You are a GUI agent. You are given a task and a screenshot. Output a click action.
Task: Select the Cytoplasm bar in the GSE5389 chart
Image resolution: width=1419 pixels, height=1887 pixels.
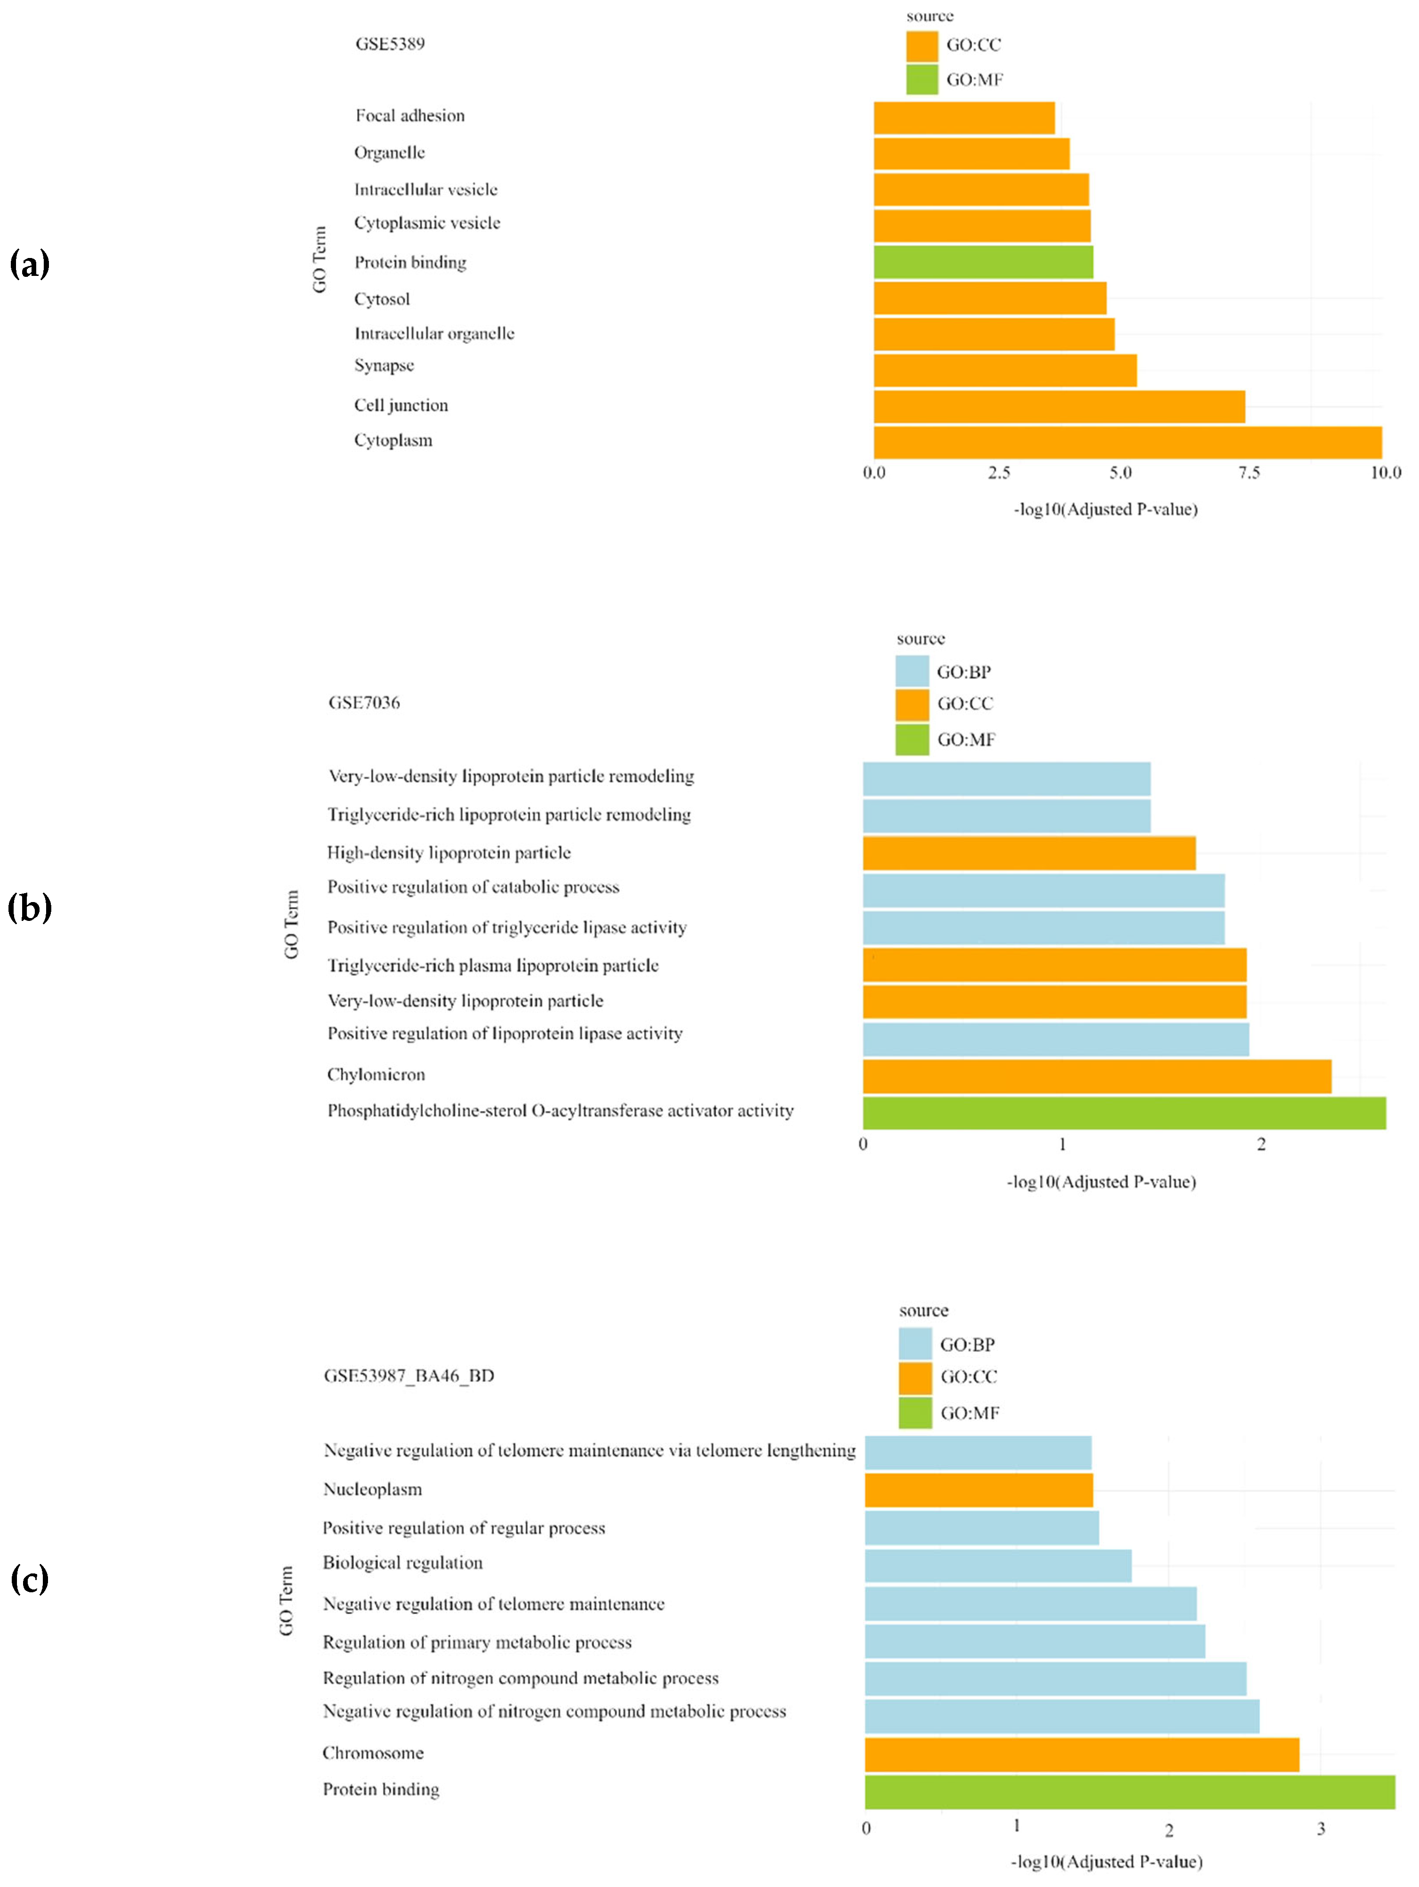point(1127,442)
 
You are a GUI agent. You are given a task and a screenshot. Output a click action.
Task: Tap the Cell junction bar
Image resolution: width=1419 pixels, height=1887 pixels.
point(1058,406)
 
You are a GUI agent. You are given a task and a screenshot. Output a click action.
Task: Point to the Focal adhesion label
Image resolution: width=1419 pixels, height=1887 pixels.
point(410,115)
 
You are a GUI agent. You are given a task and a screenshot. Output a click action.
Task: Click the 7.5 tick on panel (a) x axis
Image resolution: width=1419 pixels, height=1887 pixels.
point(1249,473)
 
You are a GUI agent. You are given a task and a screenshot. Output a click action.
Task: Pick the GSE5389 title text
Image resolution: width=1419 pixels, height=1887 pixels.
point(390,43)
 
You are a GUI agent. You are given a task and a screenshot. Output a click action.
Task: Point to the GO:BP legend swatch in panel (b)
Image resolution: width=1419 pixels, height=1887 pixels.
point(912,671)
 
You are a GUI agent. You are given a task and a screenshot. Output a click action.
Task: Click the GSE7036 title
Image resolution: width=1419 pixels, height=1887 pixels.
point(364,702)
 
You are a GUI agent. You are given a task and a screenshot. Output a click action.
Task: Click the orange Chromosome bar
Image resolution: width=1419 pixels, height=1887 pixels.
point(1081,1754)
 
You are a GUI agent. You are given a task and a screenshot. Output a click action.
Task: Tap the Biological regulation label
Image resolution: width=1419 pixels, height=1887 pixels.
point(402,1562)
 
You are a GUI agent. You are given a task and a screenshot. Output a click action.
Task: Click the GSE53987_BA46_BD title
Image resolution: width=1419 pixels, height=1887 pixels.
point(409,1375)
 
